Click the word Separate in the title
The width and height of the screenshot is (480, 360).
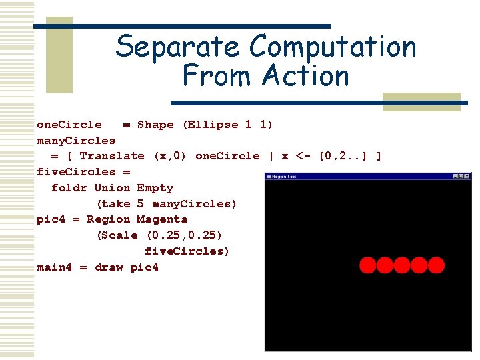coord(177,47)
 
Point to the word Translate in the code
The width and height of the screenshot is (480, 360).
coord(111,156)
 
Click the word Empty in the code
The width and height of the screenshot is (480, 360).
coord(155,188)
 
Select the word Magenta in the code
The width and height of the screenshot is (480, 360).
coord(162,219)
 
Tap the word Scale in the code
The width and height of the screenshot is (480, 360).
coord(119,235)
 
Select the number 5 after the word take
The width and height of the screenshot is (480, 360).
coord(141,204)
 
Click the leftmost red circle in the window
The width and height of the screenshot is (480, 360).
coord(367,265)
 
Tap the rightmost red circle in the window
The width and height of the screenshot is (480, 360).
coord(437,265)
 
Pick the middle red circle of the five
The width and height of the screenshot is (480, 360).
coord(402,265)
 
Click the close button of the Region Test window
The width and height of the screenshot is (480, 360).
coord(466,176)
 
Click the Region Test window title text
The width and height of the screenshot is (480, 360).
coord(285,177)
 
